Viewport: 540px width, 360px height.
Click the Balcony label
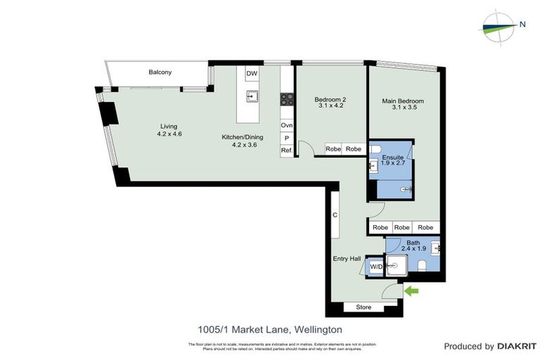click(x=160, y=72)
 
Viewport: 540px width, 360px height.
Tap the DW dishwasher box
click(x=251, y=72)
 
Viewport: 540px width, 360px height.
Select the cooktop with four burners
click(x=287, y=100)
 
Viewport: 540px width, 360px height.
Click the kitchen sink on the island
click(x=251, y=97)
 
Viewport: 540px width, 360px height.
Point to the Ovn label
click(x=286, y=125)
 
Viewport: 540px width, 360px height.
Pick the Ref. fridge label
click(x=286, y=150)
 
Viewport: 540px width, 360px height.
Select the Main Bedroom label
click(x=403, y=101)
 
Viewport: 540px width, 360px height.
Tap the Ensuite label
click(x=393, y=157)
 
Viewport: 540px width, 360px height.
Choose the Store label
click(x=364, y=307)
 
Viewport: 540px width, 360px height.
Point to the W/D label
click(x=376, y=266)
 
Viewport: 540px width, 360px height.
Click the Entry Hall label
click(x=346, y=259)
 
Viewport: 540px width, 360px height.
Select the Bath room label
click(x=413, y=243)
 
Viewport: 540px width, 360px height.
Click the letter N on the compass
click(x=522, y=25)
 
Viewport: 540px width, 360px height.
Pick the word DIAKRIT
click(x=517, y=346)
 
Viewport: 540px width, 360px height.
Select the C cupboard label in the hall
click(x=335, y=215)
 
